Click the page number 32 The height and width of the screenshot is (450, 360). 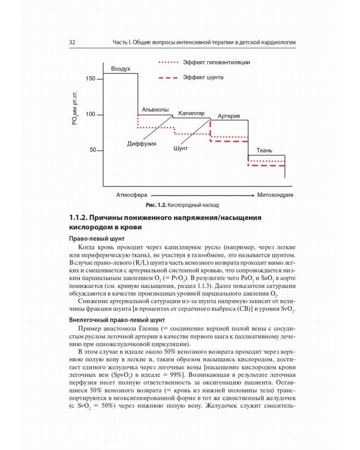(71, 43)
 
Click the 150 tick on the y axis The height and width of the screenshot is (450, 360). (91, 79)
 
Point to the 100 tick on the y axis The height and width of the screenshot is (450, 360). (91, 114)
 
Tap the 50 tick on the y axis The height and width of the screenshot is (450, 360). (92, 150)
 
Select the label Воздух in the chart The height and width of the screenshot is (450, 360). (121, 70)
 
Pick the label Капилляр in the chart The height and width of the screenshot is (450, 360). (191, 113)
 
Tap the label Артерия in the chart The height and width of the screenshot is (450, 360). (229, 116)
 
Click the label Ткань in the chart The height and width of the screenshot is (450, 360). (265, 150)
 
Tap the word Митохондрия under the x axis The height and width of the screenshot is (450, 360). (275, 196)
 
